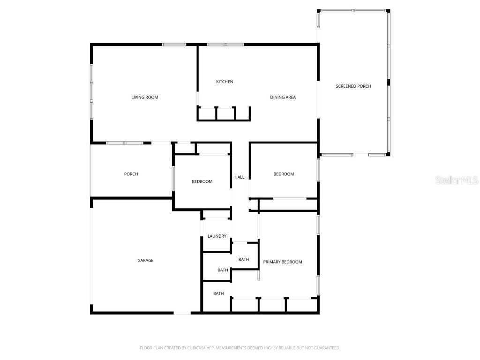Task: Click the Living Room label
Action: click(x=144, y=97)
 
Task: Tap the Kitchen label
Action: click(x=225, y=82)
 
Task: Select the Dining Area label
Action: click(x=283, y=97)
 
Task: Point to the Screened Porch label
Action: click(x=353, y=86)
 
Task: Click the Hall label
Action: click(x=240, y=177)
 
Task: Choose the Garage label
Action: click(x=145, y=261)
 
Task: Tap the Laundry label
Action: click(x=217, y=236)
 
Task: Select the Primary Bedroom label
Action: click(x=282, y=262)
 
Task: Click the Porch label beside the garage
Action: click(x=131, y=174)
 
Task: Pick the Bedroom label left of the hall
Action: click(x=202, y=182)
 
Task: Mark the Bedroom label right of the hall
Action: click(x=284, y=174)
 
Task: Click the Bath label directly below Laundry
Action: click(x=223, y=270)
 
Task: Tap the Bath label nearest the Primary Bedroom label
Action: click(x=244, y=260)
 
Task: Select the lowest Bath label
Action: click(x=218, y=294)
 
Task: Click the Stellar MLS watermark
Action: click(x=456, y=180)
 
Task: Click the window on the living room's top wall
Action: click(x=174, y=45)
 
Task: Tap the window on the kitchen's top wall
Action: click(x=225, y=45)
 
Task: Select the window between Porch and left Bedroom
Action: click(x=173, y=179)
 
